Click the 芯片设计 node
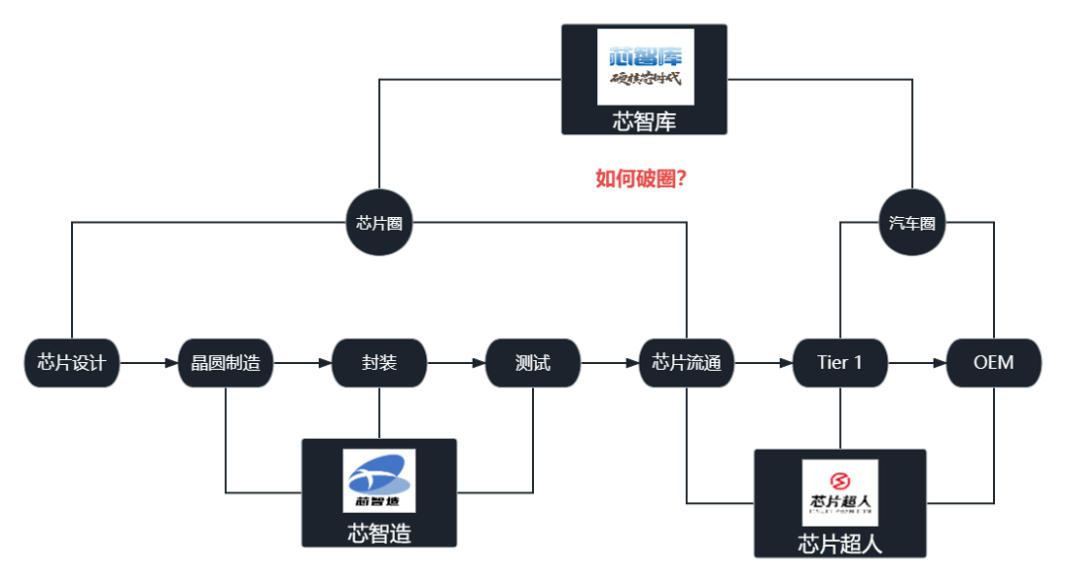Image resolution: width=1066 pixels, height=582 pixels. coord(71,363)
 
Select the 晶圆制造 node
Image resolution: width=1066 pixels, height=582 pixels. coord(225,363)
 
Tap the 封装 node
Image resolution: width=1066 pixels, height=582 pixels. coord(379,363)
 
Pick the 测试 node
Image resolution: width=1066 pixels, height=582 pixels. coord(533,363)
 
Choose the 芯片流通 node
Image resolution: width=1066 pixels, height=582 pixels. coord(686,363)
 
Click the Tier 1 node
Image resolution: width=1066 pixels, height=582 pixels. coord(840,363)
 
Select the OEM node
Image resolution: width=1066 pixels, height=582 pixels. coord(993,363)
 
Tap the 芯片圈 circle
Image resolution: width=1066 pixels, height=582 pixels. coord(379,222)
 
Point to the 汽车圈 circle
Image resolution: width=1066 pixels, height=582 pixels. coord(912,222)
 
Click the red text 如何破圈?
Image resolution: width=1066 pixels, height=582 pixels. coord(642,179)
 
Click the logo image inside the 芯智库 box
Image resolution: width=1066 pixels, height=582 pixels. coord(646,66)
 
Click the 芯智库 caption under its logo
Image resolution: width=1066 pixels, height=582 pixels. coord(645,121)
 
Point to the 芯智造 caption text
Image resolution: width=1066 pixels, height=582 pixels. coord(379,534)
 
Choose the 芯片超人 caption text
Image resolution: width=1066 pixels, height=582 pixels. coord(840,544)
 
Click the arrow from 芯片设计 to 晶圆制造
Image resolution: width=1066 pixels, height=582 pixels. coord(148,363)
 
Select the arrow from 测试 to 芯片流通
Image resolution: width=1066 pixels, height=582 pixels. coord(610,363)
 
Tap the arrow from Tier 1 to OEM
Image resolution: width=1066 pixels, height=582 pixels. coord(917,363)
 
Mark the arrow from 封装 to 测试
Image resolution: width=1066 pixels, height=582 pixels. coord(456,363)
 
